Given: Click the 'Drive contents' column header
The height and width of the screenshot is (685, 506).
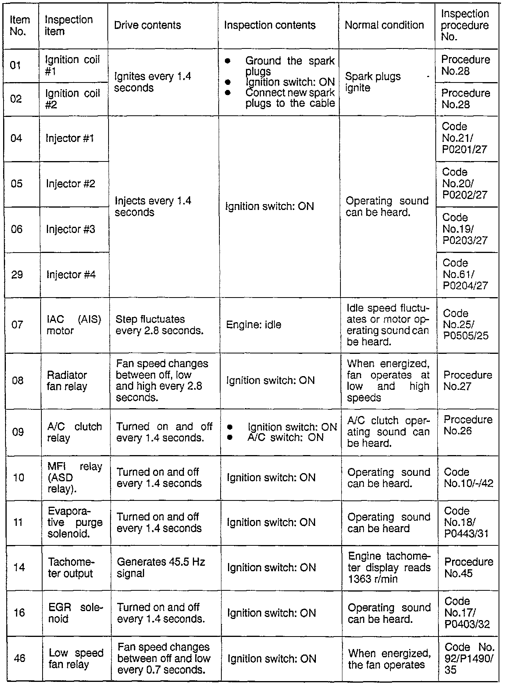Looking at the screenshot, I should point(148,25).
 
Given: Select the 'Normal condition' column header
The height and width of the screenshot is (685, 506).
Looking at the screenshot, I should point(384,25).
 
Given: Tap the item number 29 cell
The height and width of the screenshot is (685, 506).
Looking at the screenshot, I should point(17,274).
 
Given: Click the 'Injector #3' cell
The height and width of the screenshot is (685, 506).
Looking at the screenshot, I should point(71,229).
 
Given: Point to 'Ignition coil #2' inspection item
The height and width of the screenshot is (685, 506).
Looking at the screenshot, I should point(73,99).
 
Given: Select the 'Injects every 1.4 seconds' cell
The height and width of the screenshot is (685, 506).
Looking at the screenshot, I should point(153,206).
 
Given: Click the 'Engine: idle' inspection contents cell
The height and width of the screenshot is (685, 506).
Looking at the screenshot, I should point(253,325).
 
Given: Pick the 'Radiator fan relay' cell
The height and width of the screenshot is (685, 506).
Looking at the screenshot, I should point(67,381).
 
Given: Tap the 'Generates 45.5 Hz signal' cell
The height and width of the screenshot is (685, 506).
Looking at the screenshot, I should point(161,568).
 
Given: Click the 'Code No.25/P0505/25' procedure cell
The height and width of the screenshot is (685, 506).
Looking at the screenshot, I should point(466,325).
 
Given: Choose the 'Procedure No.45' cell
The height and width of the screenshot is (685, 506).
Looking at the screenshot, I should point(469,568).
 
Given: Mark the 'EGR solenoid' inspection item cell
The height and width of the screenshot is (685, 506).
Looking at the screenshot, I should point(75,613).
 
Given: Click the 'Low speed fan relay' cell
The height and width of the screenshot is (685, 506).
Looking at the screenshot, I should point(76,658).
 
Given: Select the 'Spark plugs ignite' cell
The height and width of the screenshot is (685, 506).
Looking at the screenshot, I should point(373,82).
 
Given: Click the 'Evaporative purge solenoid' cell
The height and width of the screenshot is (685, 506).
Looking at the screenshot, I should point(75,522).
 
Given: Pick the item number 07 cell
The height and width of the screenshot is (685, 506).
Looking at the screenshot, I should point(17,325).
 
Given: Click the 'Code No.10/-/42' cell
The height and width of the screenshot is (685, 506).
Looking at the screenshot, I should point(469,478).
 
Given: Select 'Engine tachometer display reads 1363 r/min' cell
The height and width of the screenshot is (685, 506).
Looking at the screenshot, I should point(389,568).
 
